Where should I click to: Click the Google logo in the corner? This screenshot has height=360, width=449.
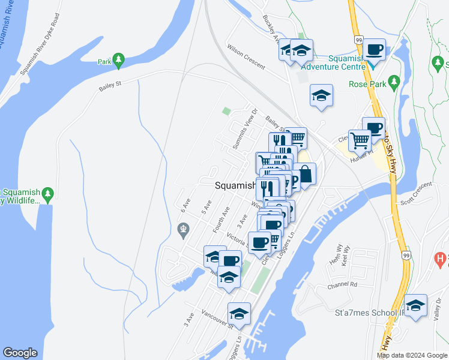click(20, 353)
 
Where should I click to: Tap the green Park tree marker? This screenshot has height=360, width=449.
click(119, 59)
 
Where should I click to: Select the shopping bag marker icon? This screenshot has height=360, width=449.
click(305, 175)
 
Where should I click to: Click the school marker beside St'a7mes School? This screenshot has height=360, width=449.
click(415, 305)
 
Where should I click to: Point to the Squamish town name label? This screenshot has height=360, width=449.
click(235, 186)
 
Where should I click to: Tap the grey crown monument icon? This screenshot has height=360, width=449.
click(184, 228)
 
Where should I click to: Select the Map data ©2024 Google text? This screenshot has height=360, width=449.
click(412, 355)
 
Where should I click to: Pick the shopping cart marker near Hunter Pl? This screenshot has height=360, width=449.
click(360, 141)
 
